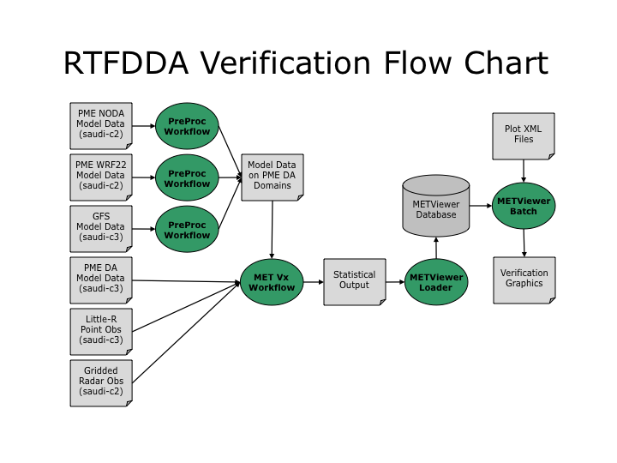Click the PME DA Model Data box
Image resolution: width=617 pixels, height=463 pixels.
(101, 280)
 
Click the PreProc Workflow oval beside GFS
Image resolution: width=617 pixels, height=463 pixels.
(187, 229)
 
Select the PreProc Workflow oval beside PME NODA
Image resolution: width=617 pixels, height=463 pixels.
(187, 126)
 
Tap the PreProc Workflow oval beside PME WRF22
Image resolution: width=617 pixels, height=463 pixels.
(187, 177)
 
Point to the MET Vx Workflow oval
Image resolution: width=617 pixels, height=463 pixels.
(273, 281)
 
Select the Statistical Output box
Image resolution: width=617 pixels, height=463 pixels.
(354, 280)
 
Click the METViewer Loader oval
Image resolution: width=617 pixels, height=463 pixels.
(436, 281)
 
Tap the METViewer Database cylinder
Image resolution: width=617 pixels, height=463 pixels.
(436, 207)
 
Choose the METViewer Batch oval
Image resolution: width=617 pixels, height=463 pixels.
(524, 207)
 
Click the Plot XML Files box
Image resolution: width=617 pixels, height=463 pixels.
(524, 134)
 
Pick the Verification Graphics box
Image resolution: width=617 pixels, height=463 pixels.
(524, 280)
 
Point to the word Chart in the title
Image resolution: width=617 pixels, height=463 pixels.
(506, 64)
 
